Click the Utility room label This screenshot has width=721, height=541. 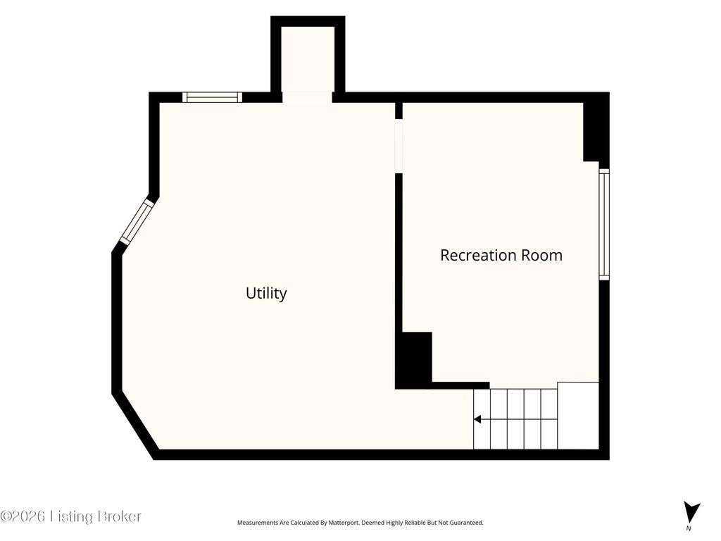coord(266,293)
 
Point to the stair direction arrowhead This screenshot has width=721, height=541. coord(477,419)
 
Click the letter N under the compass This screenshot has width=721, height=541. coord(689,528)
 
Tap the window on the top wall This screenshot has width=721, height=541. coord(212,97)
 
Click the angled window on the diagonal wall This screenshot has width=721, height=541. coord(136,221)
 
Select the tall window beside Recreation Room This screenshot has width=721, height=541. coord(604,224)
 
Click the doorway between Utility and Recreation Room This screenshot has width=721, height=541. coord(399,146)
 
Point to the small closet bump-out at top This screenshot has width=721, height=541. coord(308,59)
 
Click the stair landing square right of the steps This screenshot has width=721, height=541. coord(578,416)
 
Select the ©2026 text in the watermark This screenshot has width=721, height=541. coord(23,516)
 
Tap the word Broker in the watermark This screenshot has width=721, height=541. coord(113,516)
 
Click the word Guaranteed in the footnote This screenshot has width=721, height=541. coord(468,523)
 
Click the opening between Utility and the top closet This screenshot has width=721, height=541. coord(307,97)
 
